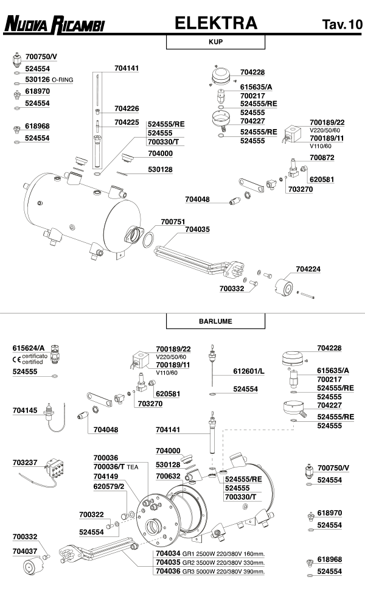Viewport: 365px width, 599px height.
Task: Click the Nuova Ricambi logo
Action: coord(54,25)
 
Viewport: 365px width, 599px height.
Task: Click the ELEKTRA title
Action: coord(215,24)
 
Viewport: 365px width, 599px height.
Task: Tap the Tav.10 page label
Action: coord(341,25)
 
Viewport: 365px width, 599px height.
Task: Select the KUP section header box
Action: coord(215,43)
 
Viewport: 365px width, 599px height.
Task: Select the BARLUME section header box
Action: coord(215,321)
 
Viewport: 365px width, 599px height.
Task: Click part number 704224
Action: coord(308,268)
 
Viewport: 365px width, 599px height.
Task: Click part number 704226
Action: coord(127,108)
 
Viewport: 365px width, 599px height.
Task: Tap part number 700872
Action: coord(322,158)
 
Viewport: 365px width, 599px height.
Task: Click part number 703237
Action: coord(25,462)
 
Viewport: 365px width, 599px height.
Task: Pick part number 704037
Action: coord(25,550)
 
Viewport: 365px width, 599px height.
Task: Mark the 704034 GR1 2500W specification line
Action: coord(210,554)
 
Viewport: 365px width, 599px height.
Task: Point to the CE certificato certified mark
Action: coord(29,359)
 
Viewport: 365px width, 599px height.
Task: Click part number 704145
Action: coord(25,410)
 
